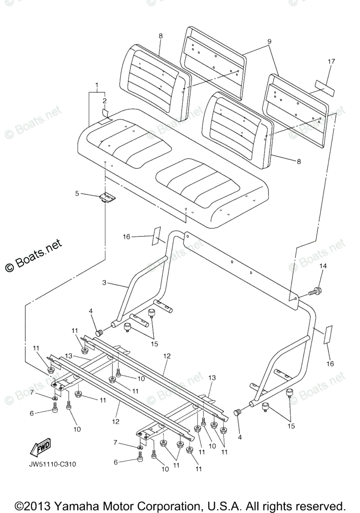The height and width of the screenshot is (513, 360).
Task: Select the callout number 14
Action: (323, 266)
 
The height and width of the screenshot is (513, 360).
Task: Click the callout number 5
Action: (77, 194)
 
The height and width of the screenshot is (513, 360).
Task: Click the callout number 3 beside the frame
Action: (104, 283)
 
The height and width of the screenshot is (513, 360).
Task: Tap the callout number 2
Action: (104, 101)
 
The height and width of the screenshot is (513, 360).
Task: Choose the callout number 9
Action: (270, 41)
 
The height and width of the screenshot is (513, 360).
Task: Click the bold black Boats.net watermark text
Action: (34, 256)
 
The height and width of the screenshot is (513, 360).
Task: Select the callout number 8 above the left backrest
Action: (161, 36)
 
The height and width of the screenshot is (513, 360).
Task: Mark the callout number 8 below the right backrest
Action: (298, 161)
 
